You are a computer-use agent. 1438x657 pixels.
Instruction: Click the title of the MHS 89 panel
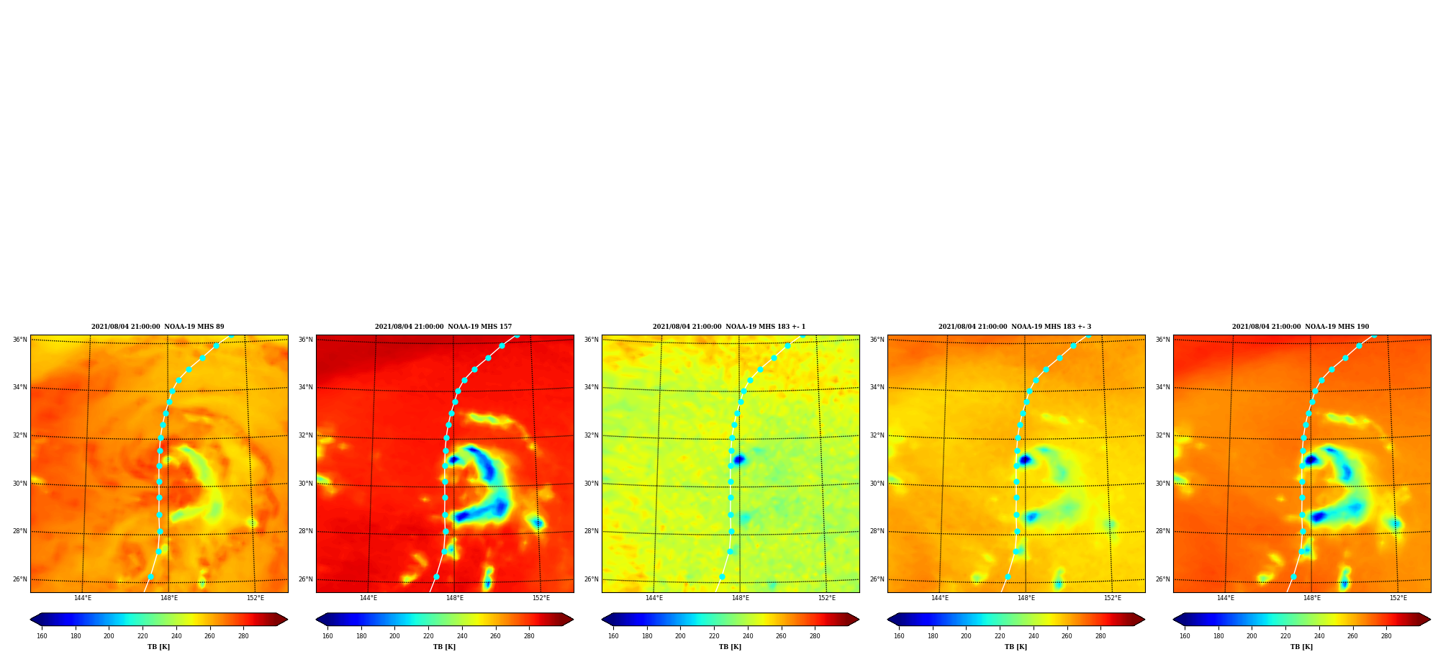pyautogui.click(x=158, y=327)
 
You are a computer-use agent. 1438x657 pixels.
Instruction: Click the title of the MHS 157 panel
pyautogui.click(x=443, y=327)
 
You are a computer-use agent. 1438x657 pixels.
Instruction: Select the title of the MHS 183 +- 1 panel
pyautogui.click(x=729, y=327)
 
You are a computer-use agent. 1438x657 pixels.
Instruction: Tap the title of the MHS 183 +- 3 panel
pyautogui.click(x=1015, y=327)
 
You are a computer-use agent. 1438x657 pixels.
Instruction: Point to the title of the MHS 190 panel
pyautogui.click(x=1301, y=327)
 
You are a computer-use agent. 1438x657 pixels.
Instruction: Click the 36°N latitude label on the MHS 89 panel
pyautogui.click(x=19, y=340)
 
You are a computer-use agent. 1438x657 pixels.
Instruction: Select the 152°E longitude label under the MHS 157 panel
pyautogui.click(x=541, y=598)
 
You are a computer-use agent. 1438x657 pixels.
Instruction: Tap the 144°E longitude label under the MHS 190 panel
pyautogui.click(x=1226, y=598)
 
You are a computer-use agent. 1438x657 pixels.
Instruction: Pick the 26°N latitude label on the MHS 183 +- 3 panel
pyautogui.click(x=877, y=579)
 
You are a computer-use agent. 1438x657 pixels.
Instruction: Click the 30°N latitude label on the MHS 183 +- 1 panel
pyautogui.click(x=591, y=484)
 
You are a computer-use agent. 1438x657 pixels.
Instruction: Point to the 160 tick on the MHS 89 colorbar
pyautogui.click(x=42, y=636)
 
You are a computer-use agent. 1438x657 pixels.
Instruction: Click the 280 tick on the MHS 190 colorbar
pyautogui.click(x=1386, y=636)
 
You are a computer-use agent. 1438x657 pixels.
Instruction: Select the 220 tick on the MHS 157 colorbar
pyautogui.click(x=428, y=636)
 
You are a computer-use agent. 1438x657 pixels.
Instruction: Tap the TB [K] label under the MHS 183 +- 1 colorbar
pyautogui.click(x=730, y=647)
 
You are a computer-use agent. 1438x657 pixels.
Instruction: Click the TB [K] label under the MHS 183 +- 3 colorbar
pyautogui.click(x=1016, y=647)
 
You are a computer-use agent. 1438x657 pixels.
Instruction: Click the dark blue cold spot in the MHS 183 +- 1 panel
pyautogui.click(x=738, y=459)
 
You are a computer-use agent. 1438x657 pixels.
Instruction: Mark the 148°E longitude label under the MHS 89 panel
pyautogui.click(x=169, y=598)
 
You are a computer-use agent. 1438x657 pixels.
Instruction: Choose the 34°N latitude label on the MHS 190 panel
pyautogui.click(x=1162, y=387)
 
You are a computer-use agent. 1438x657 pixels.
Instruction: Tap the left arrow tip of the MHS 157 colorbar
pyautogui.click(x=316, y=620)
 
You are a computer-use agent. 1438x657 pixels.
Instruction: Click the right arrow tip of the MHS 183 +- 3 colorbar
pyautogui.click(x=1144, y=620)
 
